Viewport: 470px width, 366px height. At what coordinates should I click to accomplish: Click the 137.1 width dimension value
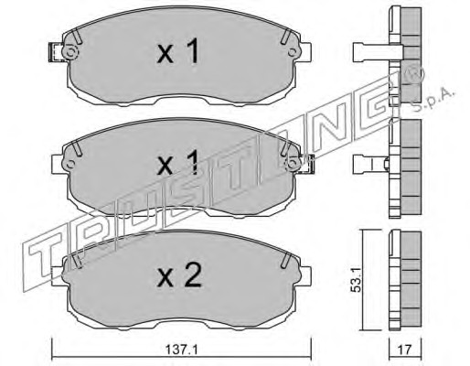(x=182, y=350)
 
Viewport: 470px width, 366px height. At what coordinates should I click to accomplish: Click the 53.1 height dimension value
(x=356, y=278)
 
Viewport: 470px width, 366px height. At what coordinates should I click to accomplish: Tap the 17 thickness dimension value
(x=405, y=350)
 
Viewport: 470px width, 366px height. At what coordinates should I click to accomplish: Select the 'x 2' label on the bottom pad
(x=179, y=275)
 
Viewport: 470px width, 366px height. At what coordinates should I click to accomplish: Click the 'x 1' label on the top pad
(x=178, y=51)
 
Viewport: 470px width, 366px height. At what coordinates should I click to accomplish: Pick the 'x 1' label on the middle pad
(x=178, y=163)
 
